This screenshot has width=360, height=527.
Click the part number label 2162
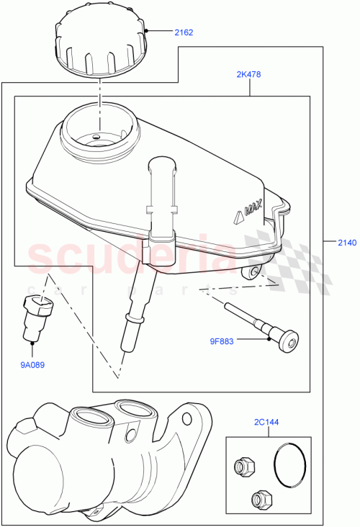pyautogui.click(x=184, y=32)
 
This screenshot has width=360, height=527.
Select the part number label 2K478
pyautogui.click(x=249, y=73)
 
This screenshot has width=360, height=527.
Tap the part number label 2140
pyautogui.click(x=346, y=243)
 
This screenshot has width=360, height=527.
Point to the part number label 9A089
pyautogui.click(x=32, y=364)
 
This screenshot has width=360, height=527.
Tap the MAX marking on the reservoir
pyautogui.click(x=248, y=210)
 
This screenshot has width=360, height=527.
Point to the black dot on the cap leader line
pyautogui.click(x=146, y=32)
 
